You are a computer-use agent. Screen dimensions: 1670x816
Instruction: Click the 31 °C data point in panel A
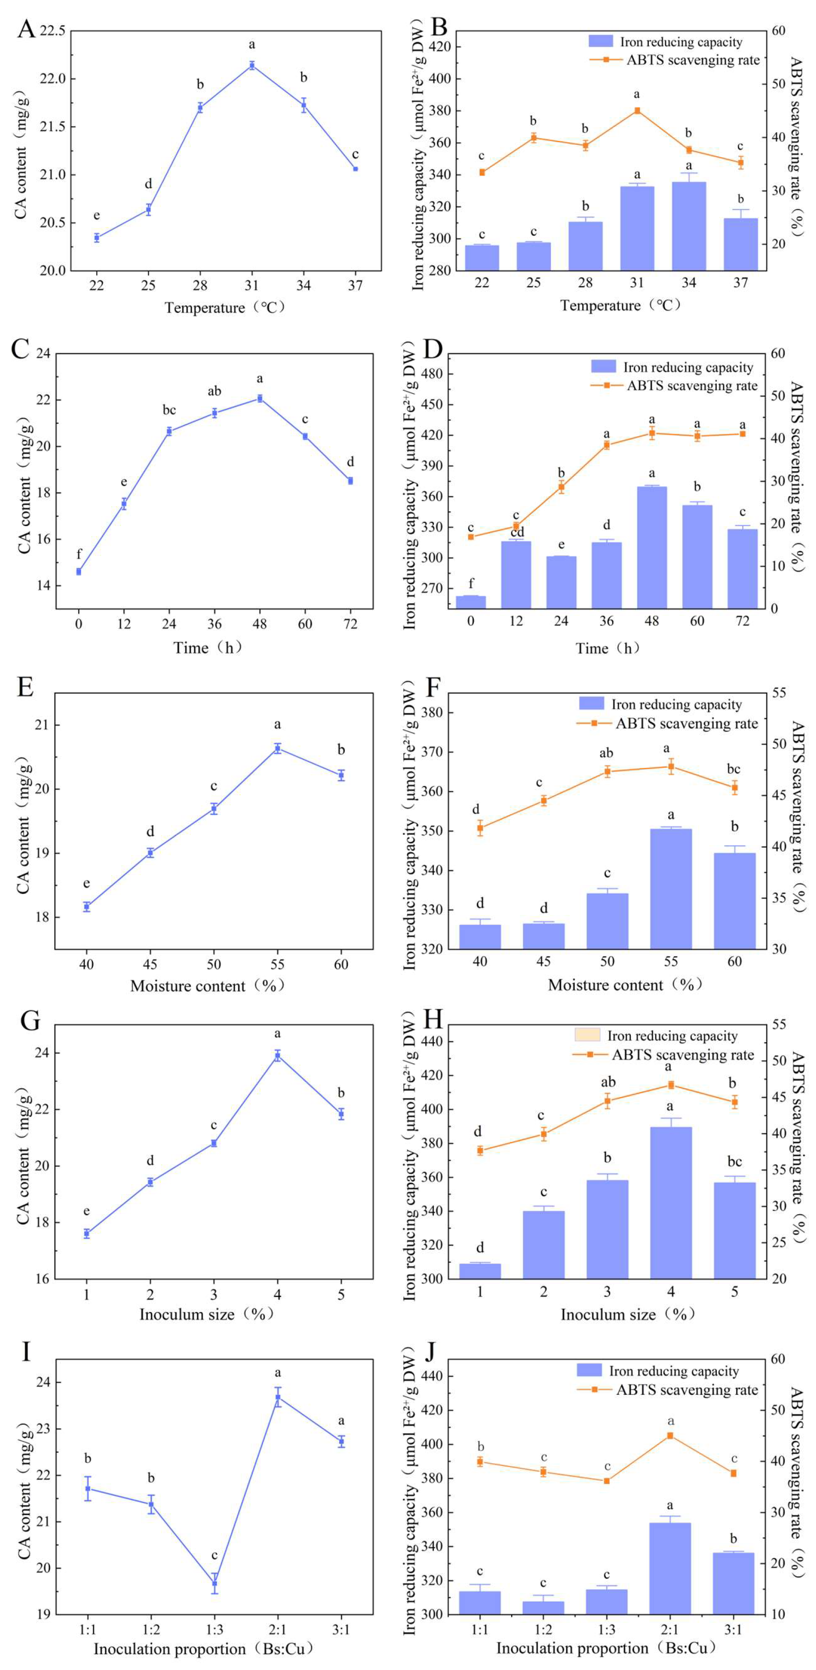(x=251, y=65)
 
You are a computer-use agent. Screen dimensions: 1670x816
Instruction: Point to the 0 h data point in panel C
(x=79, y=571)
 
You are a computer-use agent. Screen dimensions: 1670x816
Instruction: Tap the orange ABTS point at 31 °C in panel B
(x=637, y=111)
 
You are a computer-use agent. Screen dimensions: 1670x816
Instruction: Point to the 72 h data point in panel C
(x=350, y=480)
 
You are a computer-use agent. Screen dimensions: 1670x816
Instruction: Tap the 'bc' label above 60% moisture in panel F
(x=733, y=769)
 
